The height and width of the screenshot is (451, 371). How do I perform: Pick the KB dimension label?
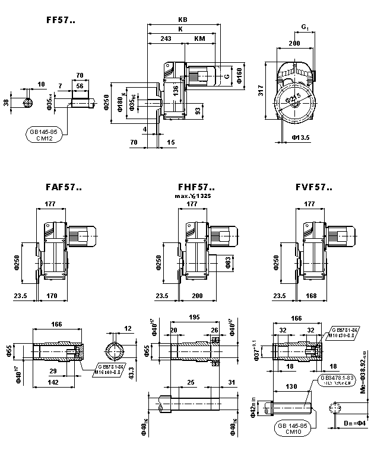tap(182, 19)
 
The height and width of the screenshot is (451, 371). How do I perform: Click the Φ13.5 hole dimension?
tap(303, 137)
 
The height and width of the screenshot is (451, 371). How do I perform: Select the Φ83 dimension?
tap(229, 261)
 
